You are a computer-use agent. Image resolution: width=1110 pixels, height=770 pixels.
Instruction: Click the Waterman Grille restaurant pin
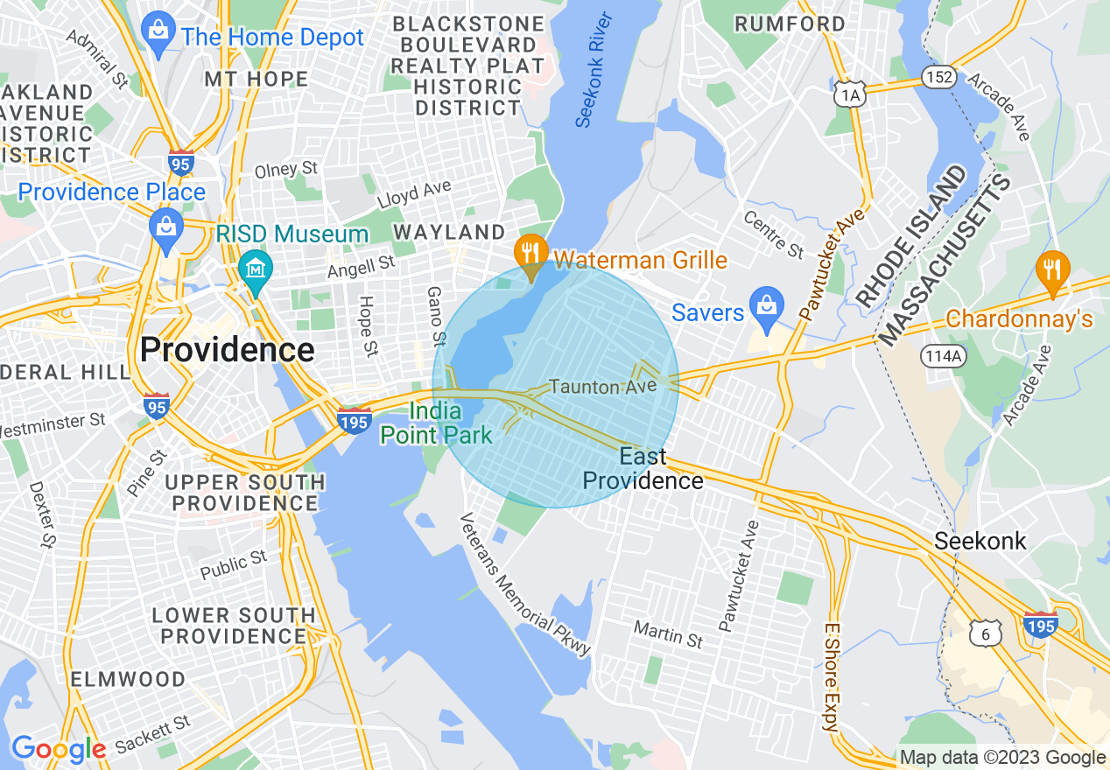[x=530, y=253]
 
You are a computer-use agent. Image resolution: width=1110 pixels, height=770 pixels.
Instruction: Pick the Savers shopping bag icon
[x=766, y=304]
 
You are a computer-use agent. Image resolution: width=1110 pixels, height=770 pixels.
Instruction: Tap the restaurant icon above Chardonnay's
[x=1051, y=269]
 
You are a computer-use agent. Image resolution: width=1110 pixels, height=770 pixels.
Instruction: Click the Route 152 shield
[x=937, y=78]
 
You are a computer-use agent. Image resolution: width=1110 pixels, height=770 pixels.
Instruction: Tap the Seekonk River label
[x=596, y=70]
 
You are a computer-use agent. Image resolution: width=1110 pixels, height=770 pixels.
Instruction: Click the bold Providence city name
[x=227, y=350]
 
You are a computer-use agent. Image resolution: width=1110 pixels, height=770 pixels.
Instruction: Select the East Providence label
[x=643, y=469]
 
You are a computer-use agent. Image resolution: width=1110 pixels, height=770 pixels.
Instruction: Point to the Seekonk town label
[x=980, y=541]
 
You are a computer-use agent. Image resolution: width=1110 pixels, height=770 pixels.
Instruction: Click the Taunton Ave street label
[x=602, y=386]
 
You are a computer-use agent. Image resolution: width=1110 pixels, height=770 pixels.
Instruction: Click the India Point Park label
[x=434, y=422]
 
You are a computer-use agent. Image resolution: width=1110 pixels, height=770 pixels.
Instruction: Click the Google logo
[x=59, y=749]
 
